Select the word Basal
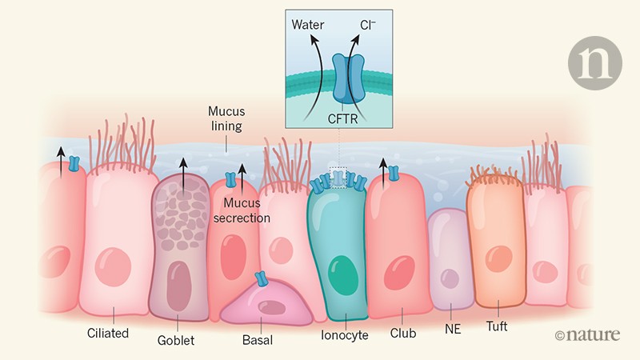click(x=257, y=340)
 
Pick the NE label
click(x=451, y=329)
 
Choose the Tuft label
click(x=498, y=326)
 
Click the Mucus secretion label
click(x=247, y=210)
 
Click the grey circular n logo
click(x=595, y=62)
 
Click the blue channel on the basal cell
click(x=261, y=279)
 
